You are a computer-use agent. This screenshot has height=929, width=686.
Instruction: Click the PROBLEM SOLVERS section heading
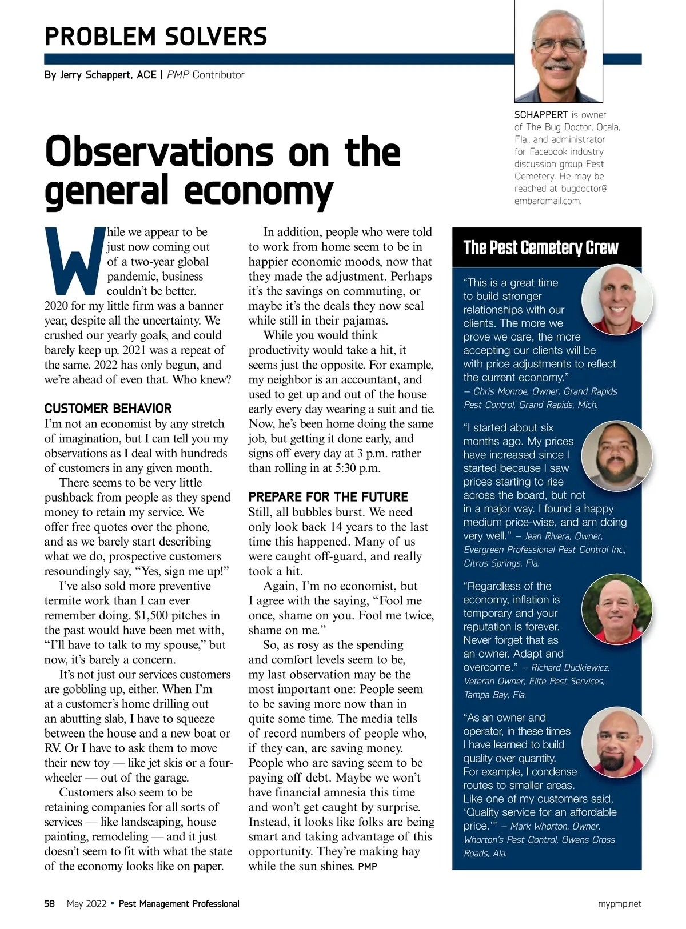coord(155,37)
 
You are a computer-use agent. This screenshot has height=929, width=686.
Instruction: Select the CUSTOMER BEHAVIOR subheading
coord(108,409)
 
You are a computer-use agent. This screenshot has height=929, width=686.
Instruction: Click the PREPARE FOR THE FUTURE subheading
coord(328,497)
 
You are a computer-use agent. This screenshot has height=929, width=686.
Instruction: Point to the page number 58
coord(50,904)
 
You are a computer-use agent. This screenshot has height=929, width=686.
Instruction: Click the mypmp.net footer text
coord(619,904)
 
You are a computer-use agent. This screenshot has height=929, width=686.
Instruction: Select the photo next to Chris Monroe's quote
coord(617,299)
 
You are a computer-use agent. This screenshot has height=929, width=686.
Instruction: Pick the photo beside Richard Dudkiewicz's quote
coord(617,610)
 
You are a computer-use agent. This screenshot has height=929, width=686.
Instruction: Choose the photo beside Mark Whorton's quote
coord(617,743)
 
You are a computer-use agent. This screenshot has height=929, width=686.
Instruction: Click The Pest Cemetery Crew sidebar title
coord(540,248)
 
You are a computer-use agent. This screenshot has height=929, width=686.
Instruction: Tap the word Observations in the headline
coord(159,153)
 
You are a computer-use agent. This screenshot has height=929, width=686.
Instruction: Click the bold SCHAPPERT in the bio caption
coord(541,115)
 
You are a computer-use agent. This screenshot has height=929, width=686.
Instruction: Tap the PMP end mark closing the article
coord(368,867)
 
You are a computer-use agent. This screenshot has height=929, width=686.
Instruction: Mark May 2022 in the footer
coord(86,904)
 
